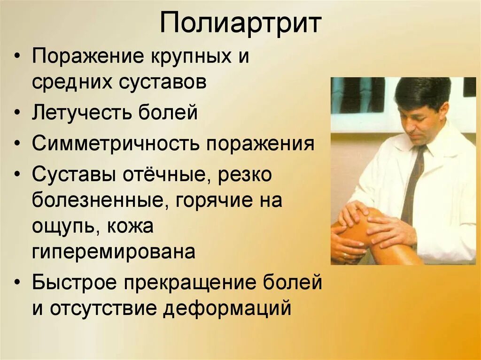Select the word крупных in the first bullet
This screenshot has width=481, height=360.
pyautogui.click(x=190, y=58)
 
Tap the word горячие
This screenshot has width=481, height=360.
pyautogui.click(x=215, y=201)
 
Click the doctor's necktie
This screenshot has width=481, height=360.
pyautogui.click(x=412, y=183)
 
